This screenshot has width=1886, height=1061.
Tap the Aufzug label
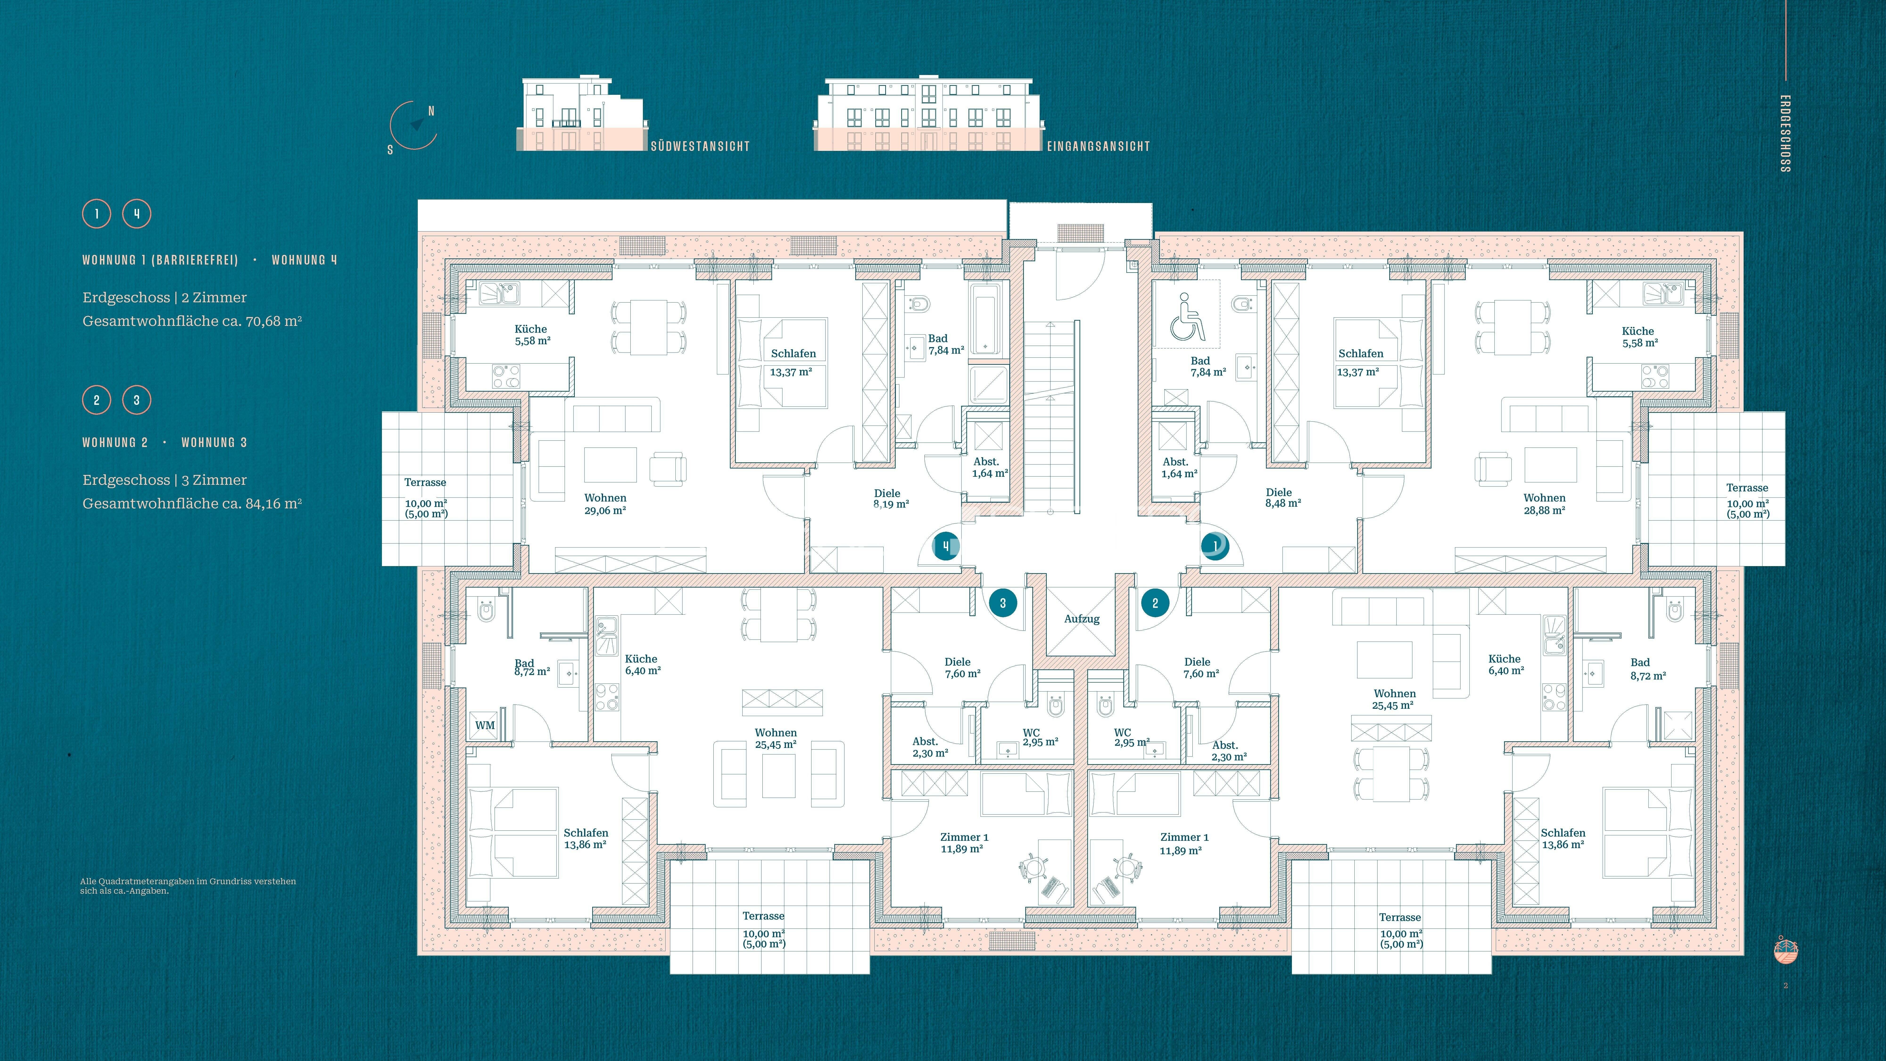point(1081,619)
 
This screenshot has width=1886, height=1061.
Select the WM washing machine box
point(485,725)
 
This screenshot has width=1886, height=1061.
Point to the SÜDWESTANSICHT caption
point(701,146)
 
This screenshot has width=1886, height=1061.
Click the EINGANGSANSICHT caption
point(1098,146)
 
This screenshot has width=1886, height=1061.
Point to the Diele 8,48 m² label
point(1283,498)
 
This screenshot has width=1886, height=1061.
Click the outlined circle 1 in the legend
point(96,214)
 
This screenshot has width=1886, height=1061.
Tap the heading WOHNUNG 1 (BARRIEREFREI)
point(160,260)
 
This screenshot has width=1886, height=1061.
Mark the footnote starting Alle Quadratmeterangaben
point(188,886)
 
